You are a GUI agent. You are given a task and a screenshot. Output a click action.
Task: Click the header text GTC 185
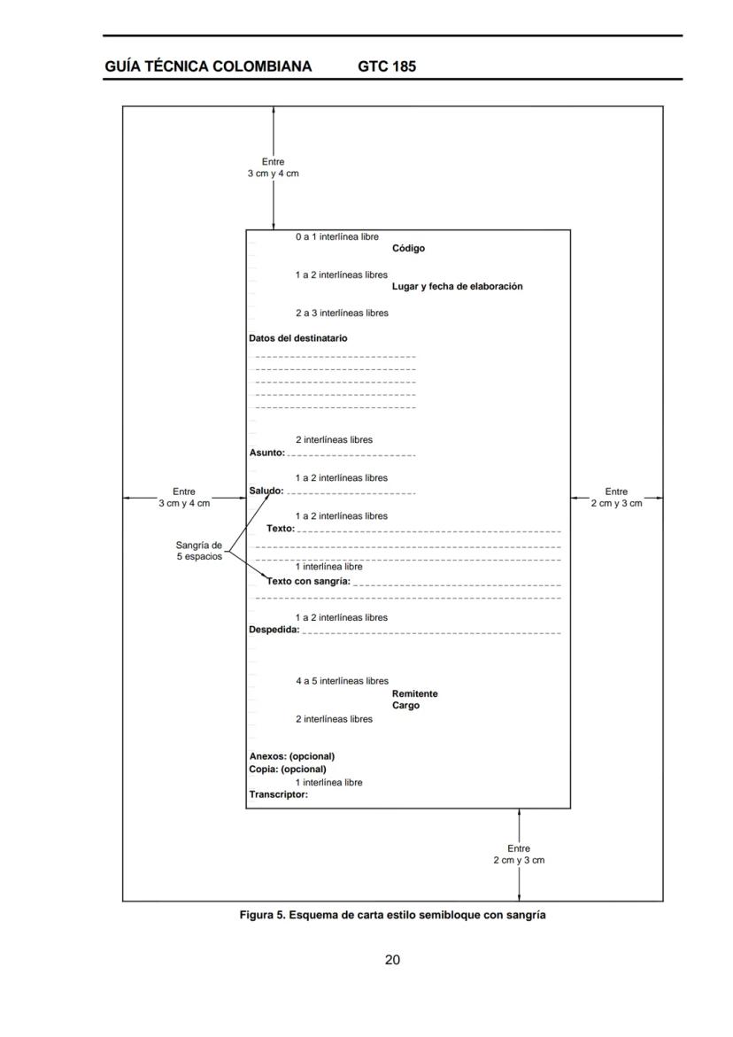click(387, 66)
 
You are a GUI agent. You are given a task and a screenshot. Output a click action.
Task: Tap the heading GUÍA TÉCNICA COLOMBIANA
click(208, 66)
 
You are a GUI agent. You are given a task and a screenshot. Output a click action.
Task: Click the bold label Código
click(408, 249)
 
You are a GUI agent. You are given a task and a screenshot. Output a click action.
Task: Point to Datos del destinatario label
click(298, 338)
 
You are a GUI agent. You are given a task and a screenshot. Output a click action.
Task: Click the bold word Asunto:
click(266, 453)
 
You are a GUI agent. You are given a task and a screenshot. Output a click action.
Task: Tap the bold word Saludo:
click(266, 491)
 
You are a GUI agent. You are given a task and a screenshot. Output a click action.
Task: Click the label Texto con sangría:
click(309, 582)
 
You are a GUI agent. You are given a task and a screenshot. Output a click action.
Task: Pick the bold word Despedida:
click(274, 631)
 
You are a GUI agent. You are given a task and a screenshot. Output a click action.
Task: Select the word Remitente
click(414, 694)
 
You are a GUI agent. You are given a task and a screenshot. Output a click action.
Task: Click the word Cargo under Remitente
click(405, 706)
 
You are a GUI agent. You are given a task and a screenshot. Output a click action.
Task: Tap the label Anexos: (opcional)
click(291, 756)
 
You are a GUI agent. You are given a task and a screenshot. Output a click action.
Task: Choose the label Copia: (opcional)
click(287, 769)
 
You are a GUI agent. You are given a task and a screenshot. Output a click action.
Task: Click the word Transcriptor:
click(278, 794)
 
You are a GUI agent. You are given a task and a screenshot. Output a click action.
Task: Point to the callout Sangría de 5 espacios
click(198, 551)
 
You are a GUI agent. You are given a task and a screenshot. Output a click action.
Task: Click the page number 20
click(392, 960)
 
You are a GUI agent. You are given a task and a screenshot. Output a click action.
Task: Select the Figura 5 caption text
click(392, 915)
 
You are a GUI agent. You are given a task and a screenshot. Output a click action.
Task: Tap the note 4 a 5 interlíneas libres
click(342, 681)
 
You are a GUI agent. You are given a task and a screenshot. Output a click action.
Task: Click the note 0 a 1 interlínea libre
click(336, 237)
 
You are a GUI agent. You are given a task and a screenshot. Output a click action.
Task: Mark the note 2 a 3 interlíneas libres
click(342, 313)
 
